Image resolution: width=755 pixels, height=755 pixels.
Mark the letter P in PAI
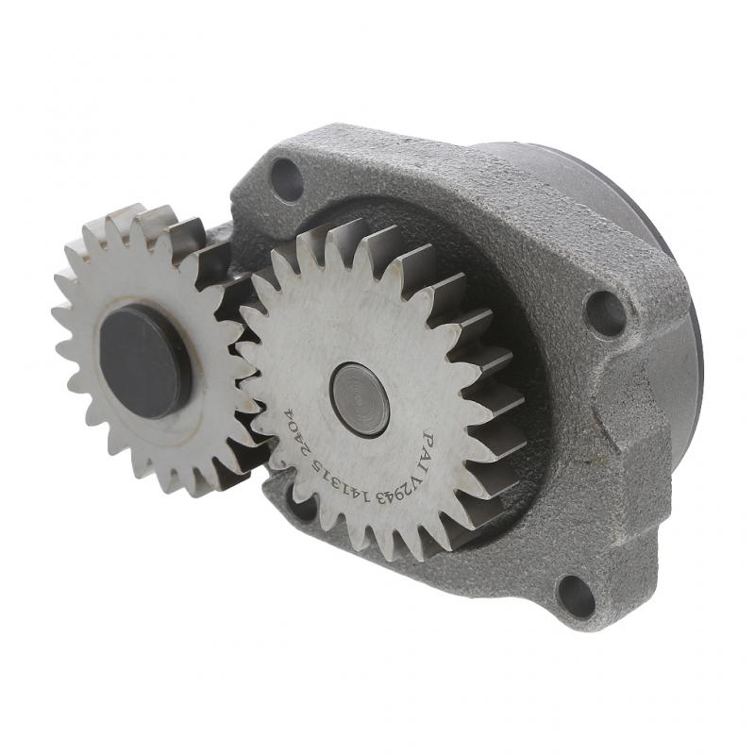(428, 440)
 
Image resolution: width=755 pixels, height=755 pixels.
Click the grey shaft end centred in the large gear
(360, 399)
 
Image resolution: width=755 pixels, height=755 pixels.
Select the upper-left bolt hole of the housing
(287, 178)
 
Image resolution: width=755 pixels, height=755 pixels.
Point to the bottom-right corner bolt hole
(576, 596)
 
